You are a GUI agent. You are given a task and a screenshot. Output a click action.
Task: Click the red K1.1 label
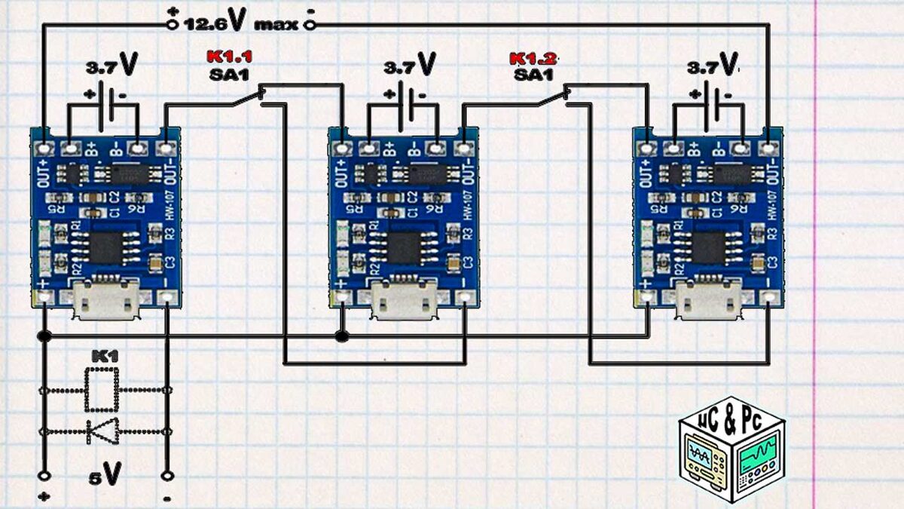pos(229,57)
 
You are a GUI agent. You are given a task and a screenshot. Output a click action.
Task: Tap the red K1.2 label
pos(533,58)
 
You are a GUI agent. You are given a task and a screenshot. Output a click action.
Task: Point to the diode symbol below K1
pos(102,431)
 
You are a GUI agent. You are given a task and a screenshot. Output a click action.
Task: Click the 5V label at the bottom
pos(105,474)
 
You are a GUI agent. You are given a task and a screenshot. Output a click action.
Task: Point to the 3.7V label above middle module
pos(410,66)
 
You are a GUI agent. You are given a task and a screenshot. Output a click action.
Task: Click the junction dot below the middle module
pos(344,335)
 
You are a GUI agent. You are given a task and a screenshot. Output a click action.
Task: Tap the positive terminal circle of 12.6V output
pos(173,25)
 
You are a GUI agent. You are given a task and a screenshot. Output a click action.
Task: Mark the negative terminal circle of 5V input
pos(167,477)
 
